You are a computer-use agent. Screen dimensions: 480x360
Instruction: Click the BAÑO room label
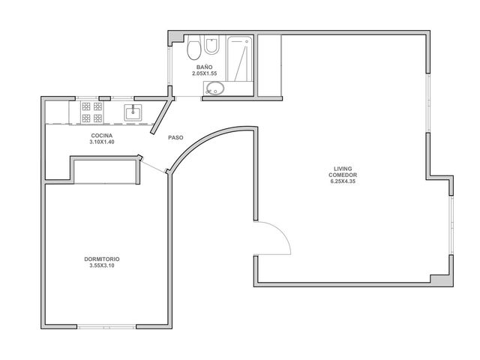(204, 67)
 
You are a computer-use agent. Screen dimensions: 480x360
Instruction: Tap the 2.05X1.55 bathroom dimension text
(204, 73)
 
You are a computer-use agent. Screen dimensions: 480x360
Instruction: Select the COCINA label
(102, 136)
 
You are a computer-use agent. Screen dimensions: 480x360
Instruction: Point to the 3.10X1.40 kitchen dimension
(102, 142)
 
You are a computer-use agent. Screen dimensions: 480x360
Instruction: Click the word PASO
(175, 138)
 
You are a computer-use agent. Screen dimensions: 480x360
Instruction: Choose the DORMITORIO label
(102, 259)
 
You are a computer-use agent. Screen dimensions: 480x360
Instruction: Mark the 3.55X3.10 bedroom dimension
(102, 265)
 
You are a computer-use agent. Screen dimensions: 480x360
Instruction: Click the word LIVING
(343, 169)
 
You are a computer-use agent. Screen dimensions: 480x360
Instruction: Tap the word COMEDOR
(343, 175)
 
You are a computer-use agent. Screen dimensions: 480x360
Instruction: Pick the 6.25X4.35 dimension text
(343, 181)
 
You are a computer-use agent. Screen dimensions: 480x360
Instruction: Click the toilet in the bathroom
(193, 47)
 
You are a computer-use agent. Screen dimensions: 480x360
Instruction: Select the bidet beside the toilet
(211, 45)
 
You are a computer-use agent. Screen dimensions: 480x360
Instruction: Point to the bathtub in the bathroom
(240, 58)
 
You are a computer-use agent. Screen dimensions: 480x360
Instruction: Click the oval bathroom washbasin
(215, 88)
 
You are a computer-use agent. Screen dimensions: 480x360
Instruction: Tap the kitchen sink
(133, 112)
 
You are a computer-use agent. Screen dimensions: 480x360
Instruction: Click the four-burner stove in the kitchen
(91, 112)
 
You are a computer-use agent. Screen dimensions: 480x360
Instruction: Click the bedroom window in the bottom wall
(106, 327)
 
